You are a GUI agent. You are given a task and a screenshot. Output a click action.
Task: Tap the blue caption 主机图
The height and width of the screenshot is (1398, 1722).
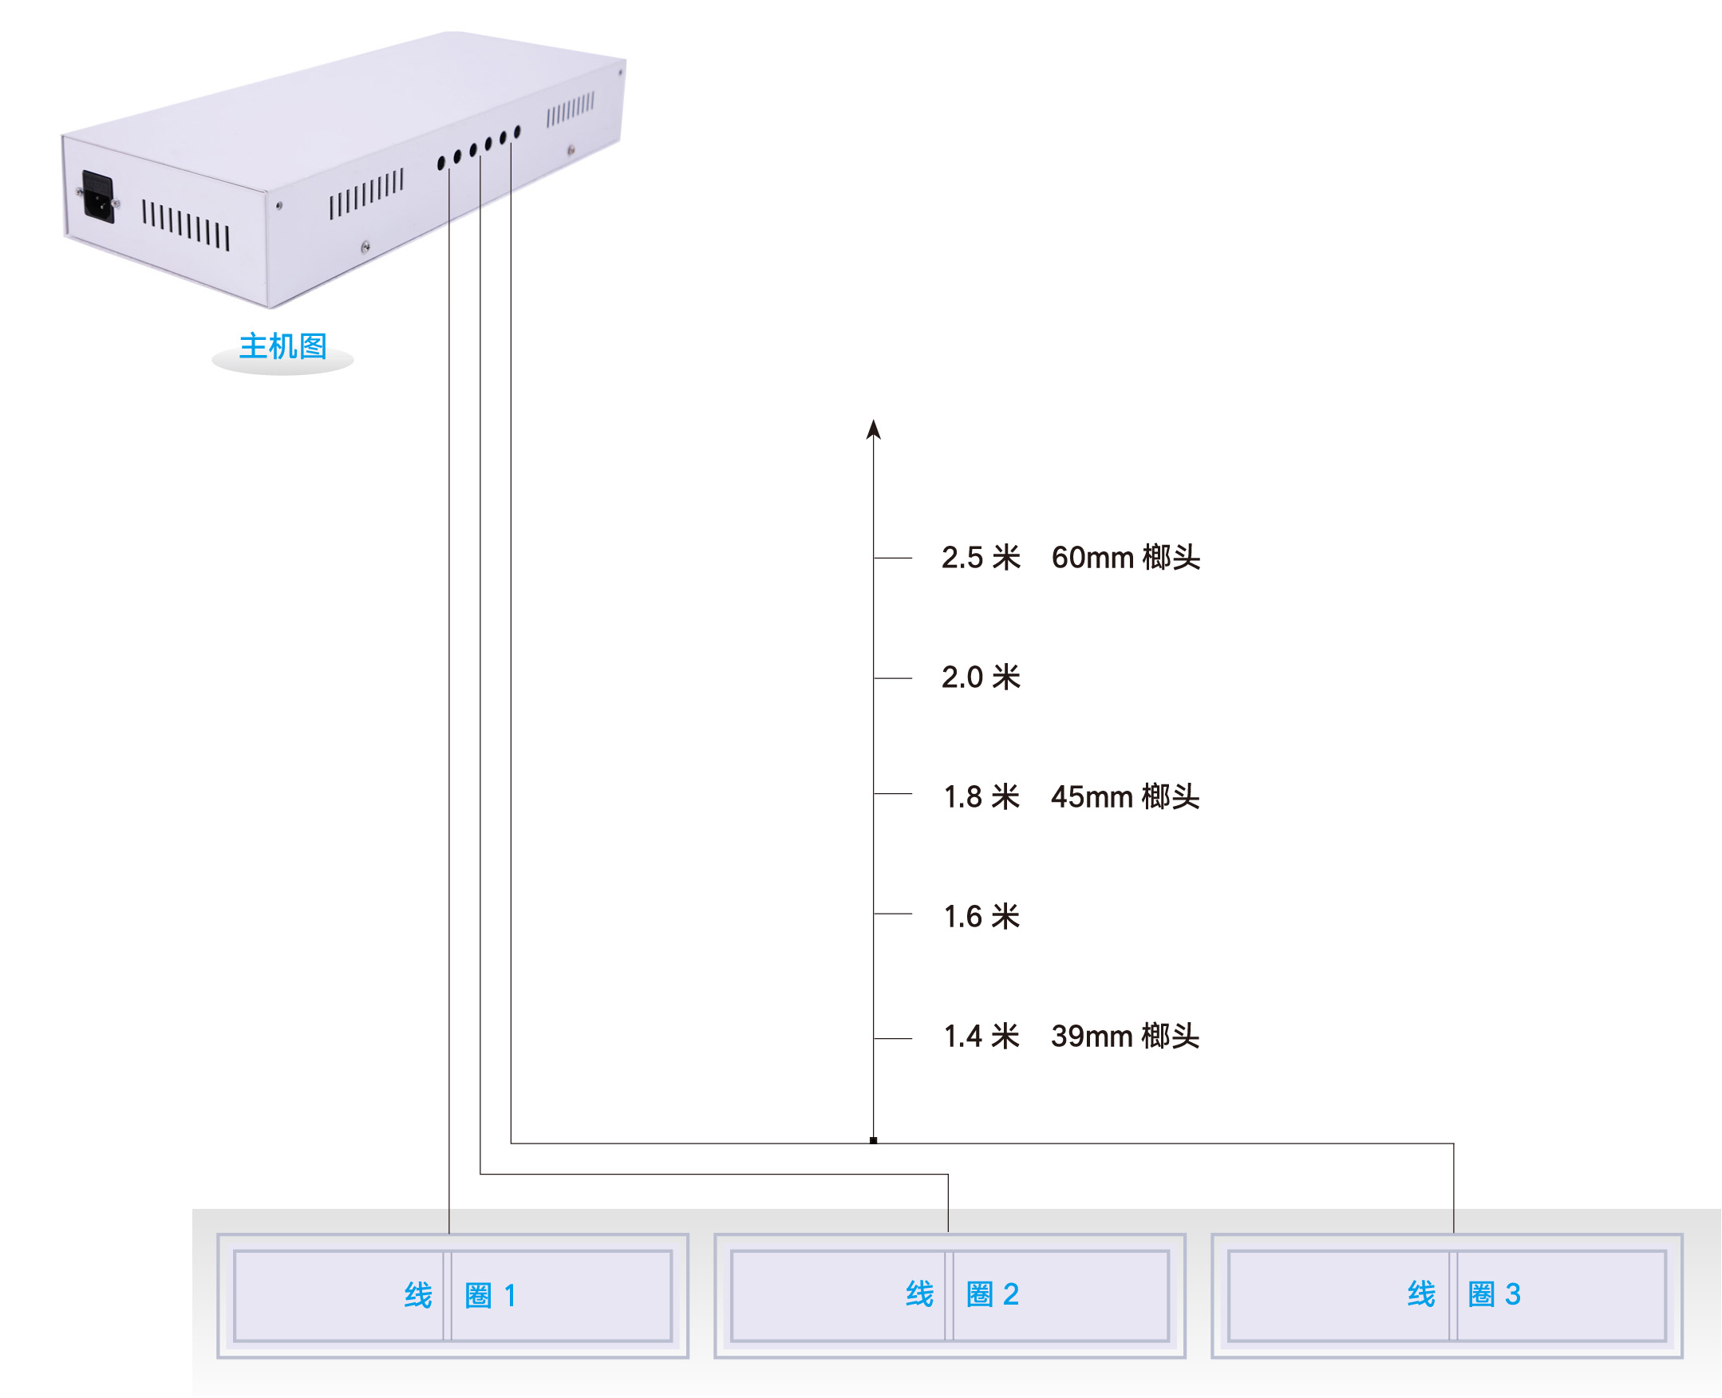tap(282, 346)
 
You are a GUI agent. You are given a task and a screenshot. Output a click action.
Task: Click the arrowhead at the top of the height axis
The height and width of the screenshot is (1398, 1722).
tap(874, 430)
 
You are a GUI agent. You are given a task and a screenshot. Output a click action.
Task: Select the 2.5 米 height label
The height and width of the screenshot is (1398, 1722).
tap(981, 557)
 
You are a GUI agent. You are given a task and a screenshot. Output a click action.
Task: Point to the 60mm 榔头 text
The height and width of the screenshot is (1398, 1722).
tap(1125, 557)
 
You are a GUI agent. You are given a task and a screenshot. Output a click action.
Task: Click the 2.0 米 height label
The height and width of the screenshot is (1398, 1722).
tap(981, 677)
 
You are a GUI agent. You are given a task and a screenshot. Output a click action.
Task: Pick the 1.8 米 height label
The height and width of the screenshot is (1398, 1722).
tap(981, 796)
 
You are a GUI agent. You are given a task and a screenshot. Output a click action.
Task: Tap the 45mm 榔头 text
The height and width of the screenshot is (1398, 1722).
tap(1125, 796)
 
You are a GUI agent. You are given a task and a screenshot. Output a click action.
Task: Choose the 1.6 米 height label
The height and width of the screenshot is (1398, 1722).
tap(981, 916)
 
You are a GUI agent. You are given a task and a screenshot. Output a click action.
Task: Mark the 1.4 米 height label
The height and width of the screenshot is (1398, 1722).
tap(981, 1037)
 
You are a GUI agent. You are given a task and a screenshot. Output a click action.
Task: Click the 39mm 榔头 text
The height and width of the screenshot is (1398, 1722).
tap(1125, 1037)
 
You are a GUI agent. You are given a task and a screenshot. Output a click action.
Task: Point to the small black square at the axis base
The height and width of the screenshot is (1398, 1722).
tap(873, 1140)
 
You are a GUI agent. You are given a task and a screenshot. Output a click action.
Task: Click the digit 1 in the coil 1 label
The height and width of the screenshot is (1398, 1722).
tap(510, 1296)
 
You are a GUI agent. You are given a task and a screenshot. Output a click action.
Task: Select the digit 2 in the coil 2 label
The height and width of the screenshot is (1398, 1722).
tap(1011, 1294)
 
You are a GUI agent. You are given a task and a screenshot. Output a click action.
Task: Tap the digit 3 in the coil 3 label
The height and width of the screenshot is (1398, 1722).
tap(1513, 1294)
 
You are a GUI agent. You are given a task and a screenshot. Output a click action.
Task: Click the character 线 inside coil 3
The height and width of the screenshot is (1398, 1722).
tap(1422, 1294)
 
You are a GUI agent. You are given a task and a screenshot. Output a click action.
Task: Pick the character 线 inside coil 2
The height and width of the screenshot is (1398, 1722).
tap(920, 1294)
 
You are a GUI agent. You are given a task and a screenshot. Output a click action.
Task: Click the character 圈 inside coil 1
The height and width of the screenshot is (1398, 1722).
tap(479, 1296)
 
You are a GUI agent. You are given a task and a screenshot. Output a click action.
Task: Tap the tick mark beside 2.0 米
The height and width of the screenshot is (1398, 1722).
tap(893, 678)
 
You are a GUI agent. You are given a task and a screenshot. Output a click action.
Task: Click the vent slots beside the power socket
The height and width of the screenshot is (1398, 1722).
tap(186, 226)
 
